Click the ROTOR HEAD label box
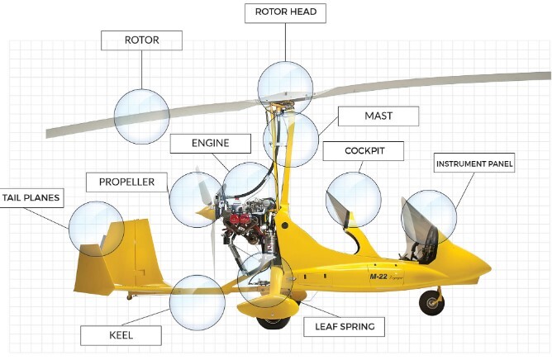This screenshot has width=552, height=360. (x=286, y=13)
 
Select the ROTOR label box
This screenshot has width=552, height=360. (x=141, y=40)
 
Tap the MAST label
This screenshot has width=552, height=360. (x=378, y=116)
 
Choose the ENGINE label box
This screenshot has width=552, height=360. (x=210, y=143)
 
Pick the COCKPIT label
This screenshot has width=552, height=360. (x=364, y=151)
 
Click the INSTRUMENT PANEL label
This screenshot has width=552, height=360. (x=474, y=163)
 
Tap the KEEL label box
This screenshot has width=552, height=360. (x=121, y=334)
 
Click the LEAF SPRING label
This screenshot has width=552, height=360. (x=345, y=326)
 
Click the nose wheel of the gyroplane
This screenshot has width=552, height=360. (x=431, y=302)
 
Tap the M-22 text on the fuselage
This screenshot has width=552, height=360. (x=380, y=277)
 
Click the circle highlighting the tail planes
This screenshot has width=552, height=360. (x=97, y=228)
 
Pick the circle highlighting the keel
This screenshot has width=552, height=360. (x=197, y=302)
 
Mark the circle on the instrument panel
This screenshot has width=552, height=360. (x=428, y=217)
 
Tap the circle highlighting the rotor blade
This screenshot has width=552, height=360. (x=141, y=116)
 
